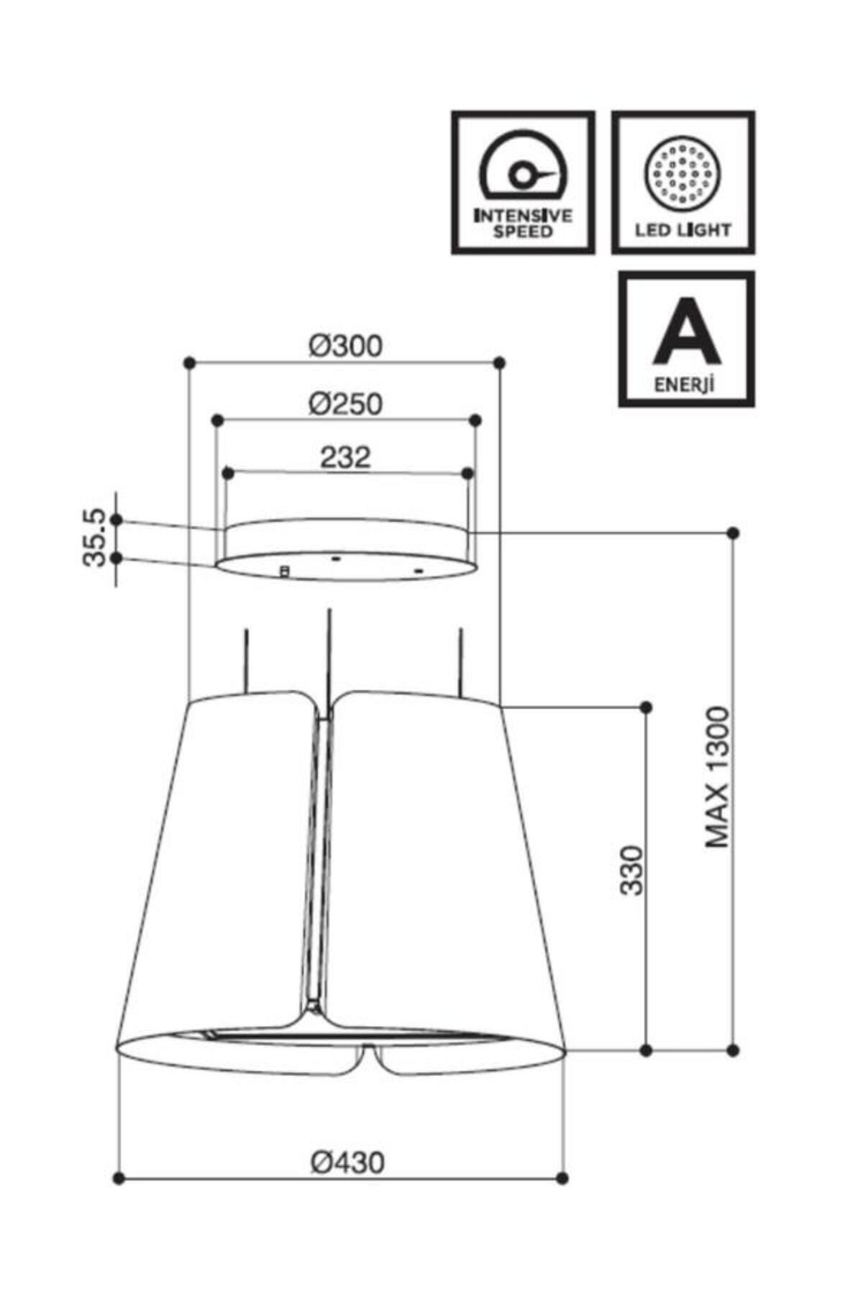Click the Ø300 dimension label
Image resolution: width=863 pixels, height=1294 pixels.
346,347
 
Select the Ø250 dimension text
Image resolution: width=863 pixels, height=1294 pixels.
346,404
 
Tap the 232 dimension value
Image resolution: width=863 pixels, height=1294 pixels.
345,457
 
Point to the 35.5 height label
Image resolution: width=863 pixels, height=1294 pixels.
95,538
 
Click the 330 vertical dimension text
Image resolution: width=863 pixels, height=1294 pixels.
631,870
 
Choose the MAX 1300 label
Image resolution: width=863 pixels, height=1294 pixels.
717,777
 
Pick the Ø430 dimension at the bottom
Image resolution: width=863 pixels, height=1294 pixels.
347,1162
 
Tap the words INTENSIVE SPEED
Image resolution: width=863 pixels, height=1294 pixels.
523,223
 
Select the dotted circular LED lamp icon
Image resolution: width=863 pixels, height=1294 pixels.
682,173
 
